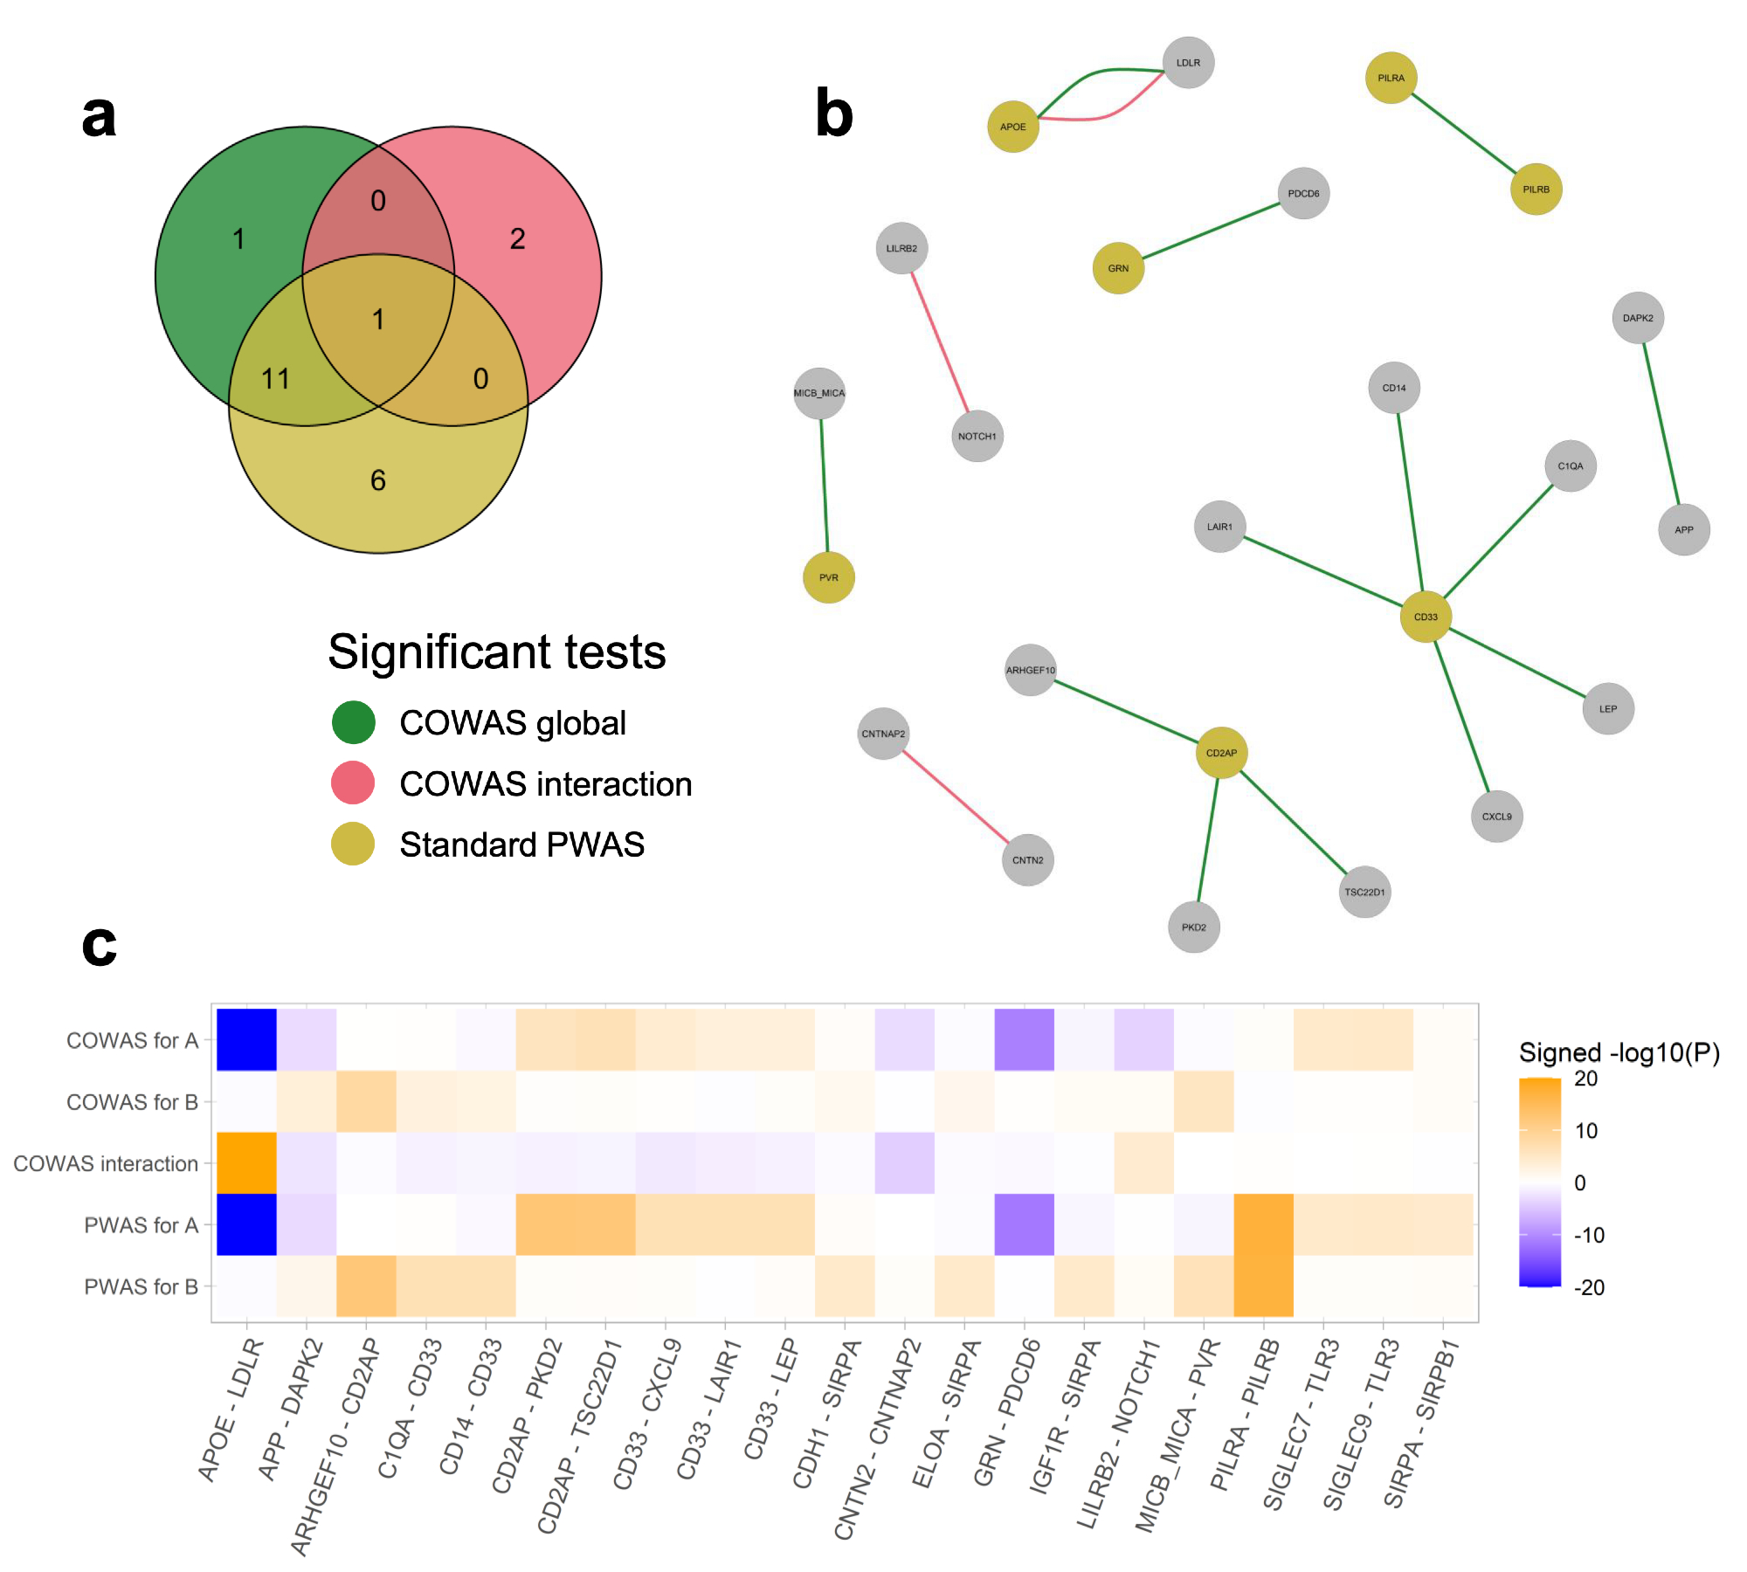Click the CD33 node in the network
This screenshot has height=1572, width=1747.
tap(1426, 617)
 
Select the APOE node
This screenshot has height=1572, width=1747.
tap(1013, 127)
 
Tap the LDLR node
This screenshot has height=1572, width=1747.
tap(1188, 63)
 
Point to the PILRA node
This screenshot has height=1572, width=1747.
tap(1391, 78)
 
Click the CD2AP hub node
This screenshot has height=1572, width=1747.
tap(1221, 753)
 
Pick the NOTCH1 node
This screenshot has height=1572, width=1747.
tap(977, 436)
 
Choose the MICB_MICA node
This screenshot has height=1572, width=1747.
tap(819, 393)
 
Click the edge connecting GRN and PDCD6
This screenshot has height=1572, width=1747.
tap(1211, 231)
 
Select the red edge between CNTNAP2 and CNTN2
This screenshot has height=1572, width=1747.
tap(956, 796)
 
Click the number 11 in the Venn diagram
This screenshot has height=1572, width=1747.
tap(275, 379)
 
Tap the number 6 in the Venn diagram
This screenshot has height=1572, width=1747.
tap(378, 480)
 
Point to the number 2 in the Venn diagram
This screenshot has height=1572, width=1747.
tap(518, 239)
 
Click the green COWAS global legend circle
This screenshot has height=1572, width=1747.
tap(354, 722)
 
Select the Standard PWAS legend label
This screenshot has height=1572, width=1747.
tap(521, 845)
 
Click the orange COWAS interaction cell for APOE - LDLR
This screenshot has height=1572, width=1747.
tap(247, 1163)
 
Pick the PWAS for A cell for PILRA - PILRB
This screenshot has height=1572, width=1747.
tap(1263, 1224)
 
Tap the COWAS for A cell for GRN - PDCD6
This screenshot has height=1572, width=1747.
tap(1024, 1040)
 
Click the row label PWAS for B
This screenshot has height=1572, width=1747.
tap(141, 1286)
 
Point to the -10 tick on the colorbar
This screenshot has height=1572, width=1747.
tap(1589, 1235)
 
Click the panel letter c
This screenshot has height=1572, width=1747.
tap(99, 946)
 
